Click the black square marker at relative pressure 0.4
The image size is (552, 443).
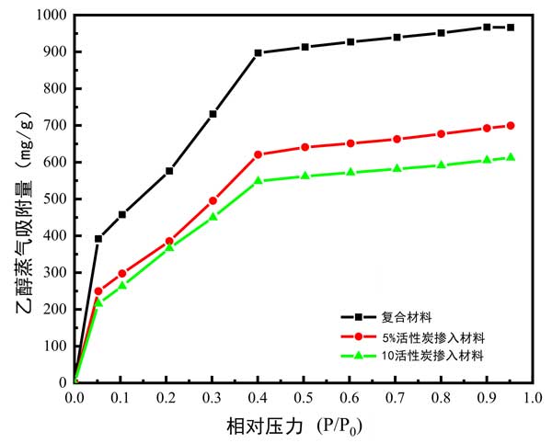pyautogui.click(x=259, y=52)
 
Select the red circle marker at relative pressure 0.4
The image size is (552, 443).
pyautogui.click(x=259, y=154)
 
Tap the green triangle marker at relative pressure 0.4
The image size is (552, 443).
pyautogui.click(x=259, y=180)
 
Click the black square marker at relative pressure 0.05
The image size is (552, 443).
pyautogui.click(x=98, y=238)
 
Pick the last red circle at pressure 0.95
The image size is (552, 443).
pyautogui.click(x=511, y=125)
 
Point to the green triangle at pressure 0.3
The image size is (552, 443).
pyautogui.click(x=213, y=216)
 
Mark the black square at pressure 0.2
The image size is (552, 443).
pyautogui.click(x=169, y=170)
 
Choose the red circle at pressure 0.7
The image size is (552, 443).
pyautogui.click(x=397, y=139)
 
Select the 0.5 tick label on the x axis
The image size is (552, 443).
pyautogui.click(x=304, y=398)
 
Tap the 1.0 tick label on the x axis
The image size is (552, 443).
pyautogui.click(x=533, y=398)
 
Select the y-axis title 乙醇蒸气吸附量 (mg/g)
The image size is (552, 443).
pyautogui.click(x=23, y=199)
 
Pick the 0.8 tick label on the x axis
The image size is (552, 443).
pyautogui.click(x=442, y=398)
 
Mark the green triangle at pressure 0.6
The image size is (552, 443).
pyautogui.click(x=351, y=172)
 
